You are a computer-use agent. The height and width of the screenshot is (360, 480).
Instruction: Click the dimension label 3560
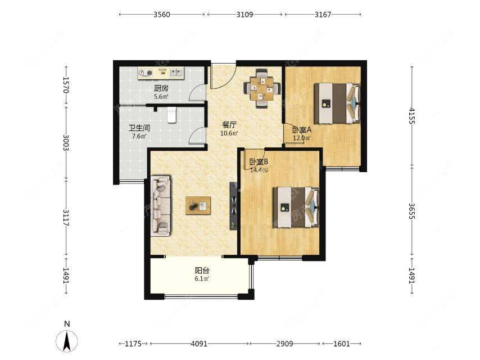[x=162, y=15]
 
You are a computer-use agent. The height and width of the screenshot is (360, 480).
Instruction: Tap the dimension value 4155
[x=412, y=116]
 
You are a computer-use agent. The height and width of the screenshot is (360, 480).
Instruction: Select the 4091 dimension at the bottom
[x=199, y=344]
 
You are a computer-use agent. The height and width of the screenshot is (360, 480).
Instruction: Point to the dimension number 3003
[x=66, y=142]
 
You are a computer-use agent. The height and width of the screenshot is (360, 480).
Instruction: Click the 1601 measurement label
[x=341, y=344]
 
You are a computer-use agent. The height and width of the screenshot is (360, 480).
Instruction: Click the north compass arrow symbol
[x=67, y=340]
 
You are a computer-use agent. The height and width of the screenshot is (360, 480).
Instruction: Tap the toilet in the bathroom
[x=172, y=115]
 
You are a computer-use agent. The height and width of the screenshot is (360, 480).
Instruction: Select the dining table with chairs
[x=262, y=88]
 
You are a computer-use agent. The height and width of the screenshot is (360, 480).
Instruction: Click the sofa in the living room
[x=161, y=205]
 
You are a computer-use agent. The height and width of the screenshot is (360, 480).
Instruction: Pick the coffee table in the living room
[x=198, y=205]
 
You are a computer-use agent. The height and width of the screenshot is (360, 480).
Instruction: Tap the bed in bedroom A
[x=337, y=103]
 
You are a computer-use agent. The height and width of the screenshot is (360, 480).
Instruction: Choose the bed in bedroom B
[x=296, y=208]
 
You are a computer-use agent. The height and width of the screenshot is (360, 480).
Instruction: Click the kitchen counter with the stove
[x=161, y=73]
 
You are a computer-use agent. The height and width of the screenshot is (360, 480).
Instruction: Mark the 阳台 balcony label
[x=202, y=271]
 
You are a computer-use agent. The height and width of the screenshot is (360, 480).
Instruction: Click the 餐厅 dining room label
[x=229, y=125]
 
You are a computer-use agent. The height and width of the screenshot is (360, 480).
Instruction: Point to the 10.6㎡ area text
[x=229, y=133]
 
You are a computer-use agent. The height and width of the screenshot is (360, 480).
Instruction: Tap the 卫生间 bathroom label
[x=139, y=128]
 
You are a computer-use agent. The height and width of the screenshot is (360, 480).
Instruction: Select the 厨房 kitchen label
[x=161, y=88]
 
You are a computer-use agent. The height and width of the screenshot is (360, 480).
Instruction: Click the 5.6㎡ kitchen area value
[x=161, y=97]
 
